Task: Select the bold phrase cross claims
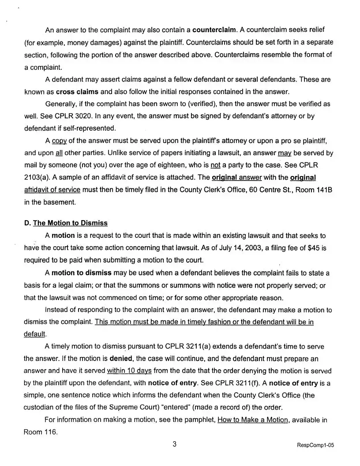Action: click(77, 92)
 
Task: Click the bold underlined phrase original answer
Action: click(237, 177)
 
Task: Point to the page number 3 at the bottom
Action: click(175, 444)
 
